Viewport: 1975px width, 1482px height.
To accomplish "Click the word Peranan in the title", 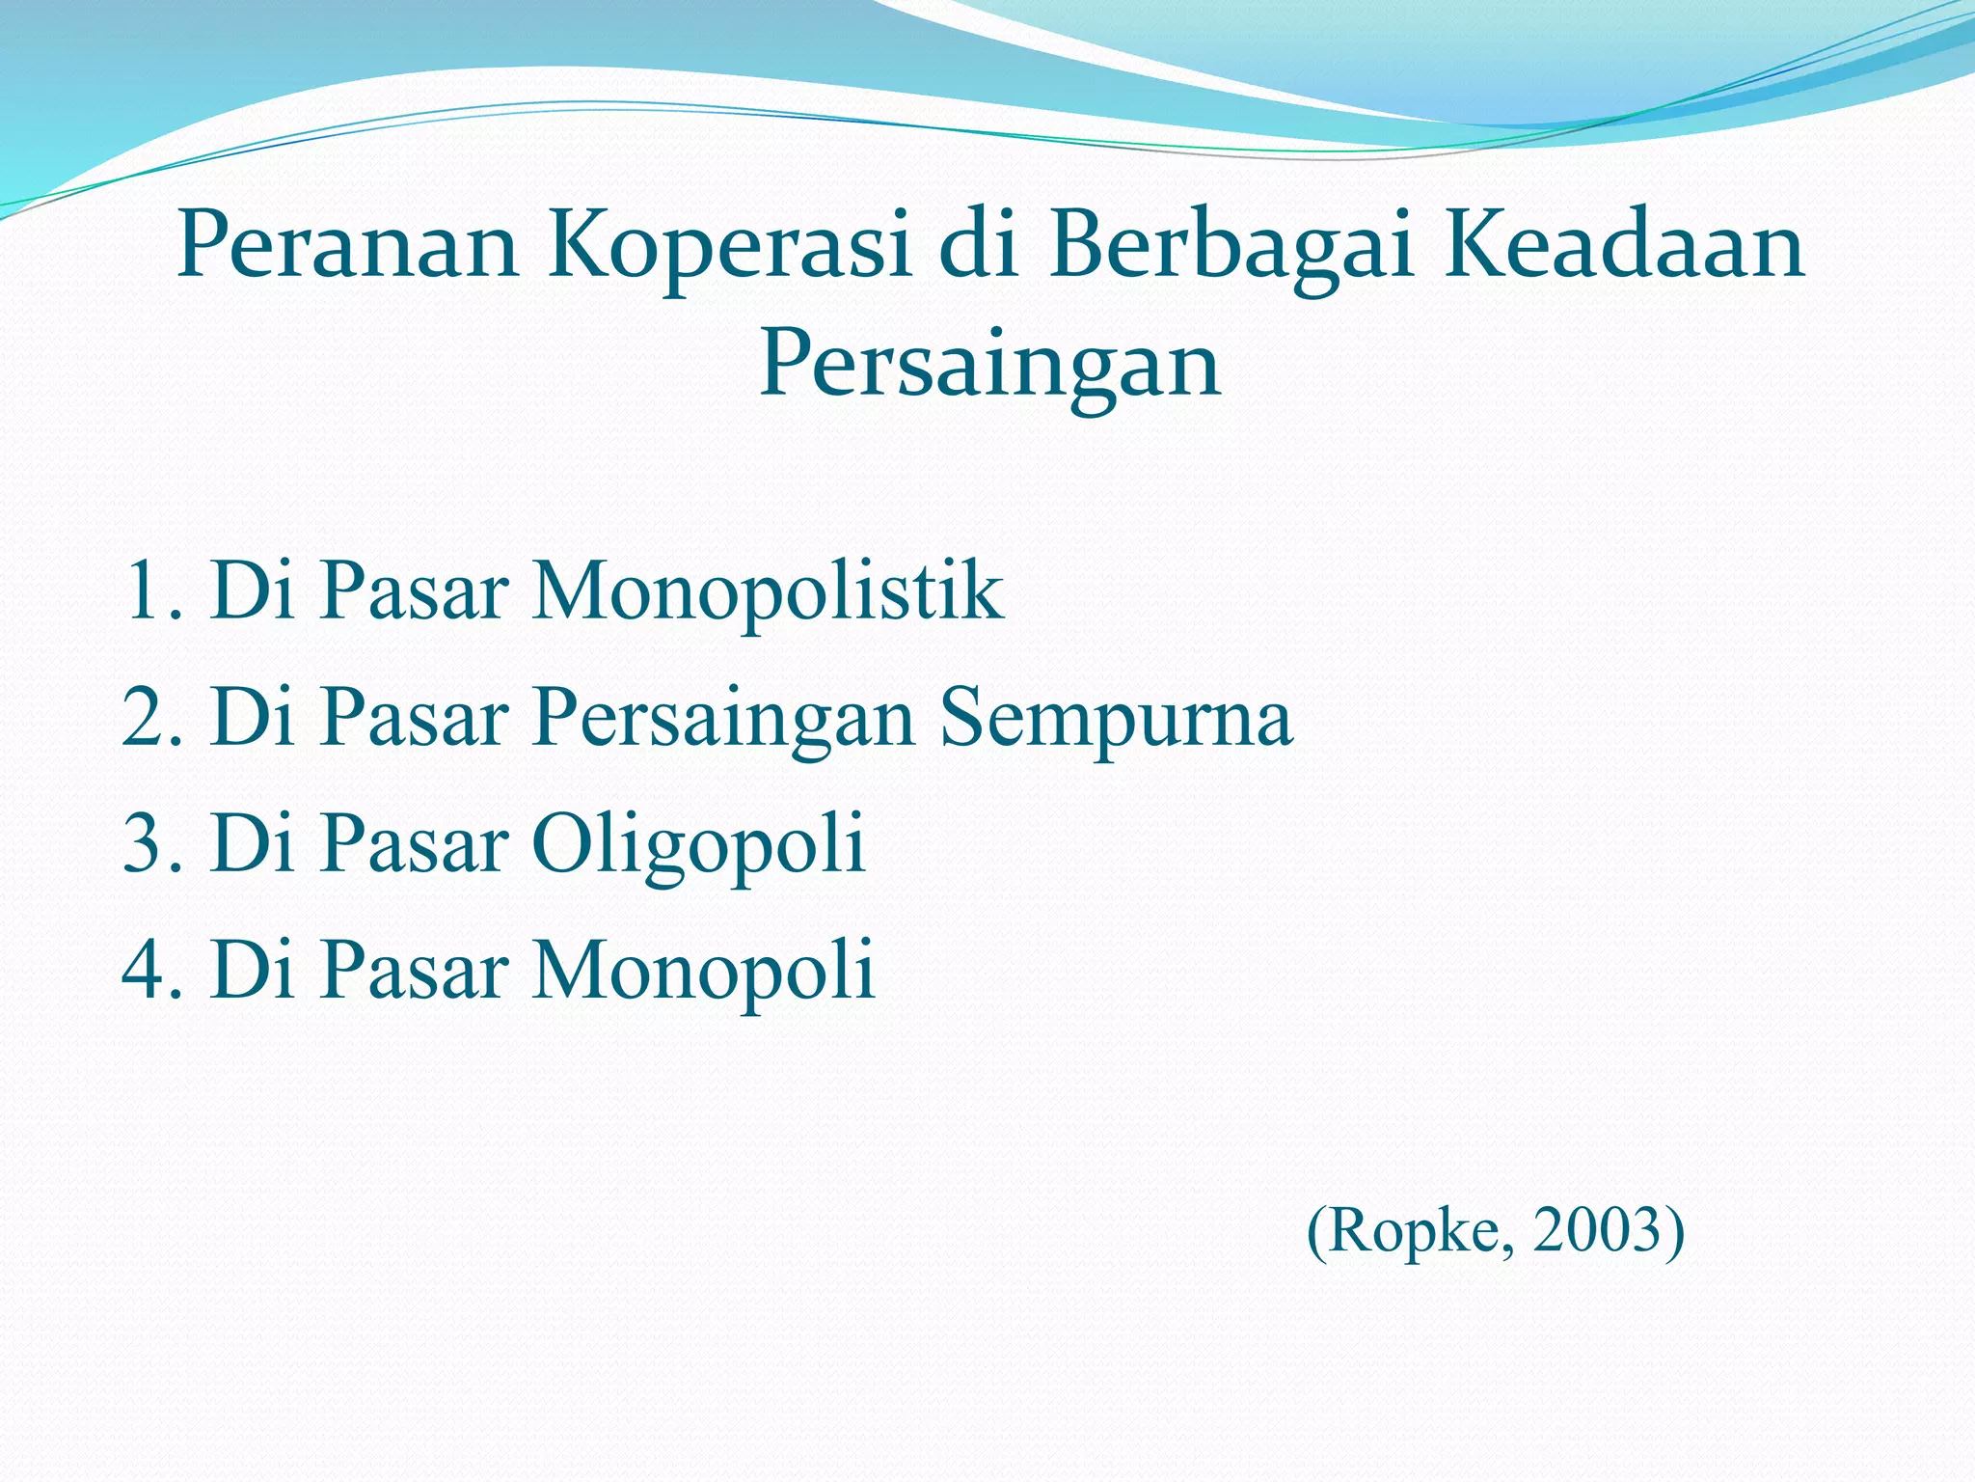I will pos(347,248).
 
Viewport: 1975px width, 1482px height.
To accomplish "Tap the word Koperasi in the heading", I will pos(730,248).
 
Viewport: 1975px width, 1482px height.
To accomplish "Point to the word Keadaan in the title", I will pos(1623,248).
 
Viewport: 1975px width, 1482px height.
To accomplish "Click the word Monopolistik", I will pos(768,590).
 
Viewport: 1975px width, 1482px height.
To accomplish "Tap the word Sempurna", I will pos(1116,719).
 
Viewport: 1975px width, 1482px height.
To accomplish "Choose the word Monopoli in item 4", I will pos(704,970).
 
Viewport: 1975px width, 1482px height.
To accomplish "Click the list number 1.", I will pos(145,590).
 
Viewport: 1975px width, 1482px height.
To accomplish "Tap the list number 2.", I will pos(145,717).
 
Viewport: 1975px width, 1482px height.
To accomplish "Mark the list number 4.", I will pos(145,970).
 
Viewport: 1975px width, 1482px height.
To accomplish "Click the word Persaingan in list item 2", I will pos(723,719).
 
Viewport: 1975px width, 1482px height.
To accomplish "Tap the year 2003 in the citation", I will pos(1599,1232).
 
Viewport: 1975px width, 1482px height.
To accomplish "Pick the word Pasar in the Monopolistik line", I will pos(415,590).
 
